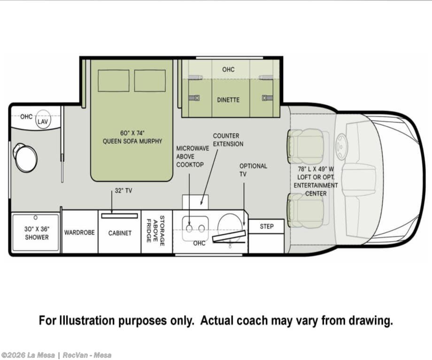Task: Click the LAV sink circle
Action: pyautogui.click(x=43, y=120)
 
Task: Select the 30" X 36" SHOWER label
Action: pyautogui.click(x=37, y=233)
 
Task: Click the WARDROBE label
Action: pyautogui.click(x=79, y=232)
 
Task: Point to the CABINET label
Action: pyautogui.click(x=120, y=233)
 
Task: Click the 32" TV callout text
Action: pyautogui.click(x=123, y=191)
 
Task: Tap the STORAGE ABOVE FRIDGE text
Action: pyautogui.click(x=155, y=231)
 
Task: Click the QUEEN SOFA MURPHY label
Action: pyautogui.click(x=132, y=141)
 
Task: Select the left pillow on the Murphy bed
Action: pyautogui.click(x=114, y=81)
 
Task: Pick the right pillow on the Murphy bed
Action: pyautogui.click(x=150, y=81)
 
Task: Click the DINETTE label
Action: pyautogui.click(x=228, y=100)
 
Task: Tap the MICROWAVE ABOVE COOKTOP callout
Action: pyautogui.click(x=193, y=156)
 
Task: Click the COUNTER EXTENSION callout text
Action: pyautogui.click(x=228, y=140)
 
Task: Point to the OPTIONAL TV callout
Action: pyautogui.click(x=253, y=170)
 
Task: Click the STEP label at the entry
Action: pyautogui.click(x=267, y=226)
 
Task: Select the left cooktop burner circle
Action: pyautogui.click(x=189, y=228)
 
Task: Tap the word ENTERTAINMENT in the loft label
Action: pyautogui.click(x=316, y=185)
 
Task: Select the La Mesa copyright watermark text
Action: pyautogui.click(x=56, y=355)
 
